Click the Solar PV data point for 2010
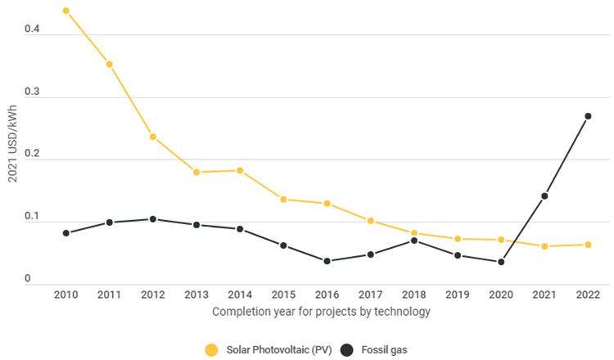pos(65,11)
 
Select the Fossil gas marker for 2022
pos(588,116)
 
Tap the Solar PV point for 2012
pos(152,137)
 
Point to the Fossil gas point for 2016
pos(327,261)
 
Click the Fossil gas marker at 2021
pos(544,196)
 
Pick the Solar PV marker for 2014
pos(240,170)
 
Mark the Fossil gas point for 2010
pos(65,233)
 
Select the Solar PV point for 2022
pos(588,245)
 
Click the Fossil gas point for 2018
pos(414,241)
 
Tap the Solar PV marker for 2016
pos(327,203)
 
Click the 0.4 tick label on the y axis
pos(30,29)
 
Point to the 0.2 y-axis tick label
pos(30,154)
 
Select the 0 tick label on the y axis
pos(27,279)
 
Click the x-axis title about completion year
pos(321,312)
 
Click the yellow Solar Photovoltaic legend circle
pos(211,350)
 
